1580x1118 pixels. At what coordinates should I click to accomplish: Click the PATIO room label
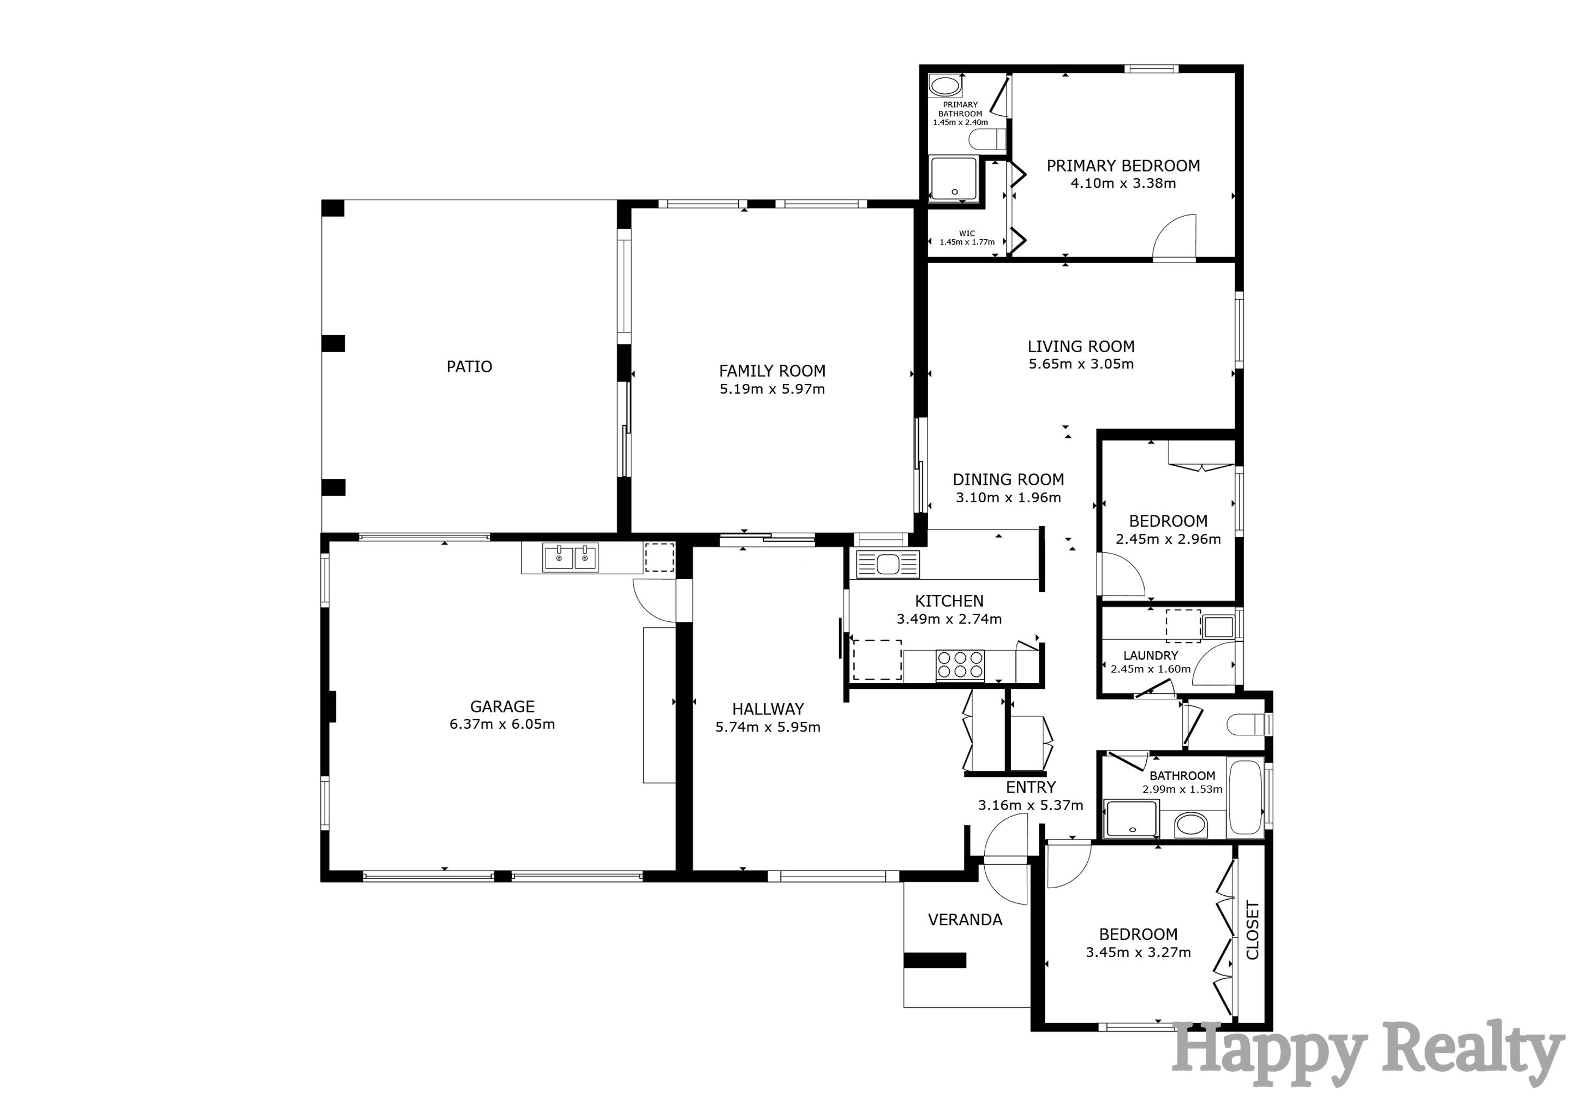[469, 367]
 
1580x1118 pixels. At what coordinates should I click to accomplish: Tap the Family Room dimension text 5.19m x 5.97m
[772, 389]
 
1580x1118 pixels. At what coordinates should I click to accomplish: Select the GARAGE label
[502, 706]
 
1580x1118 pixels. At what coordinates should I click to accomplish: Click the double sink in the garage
[571, 557]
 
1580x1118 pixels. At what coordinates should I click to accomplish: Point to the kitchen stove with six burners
[960, 665]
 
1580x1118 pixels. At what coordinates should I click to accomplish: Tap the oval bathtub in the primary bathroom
[945, 87]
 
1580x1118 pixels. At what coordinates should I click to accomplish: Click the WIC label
[967, 234]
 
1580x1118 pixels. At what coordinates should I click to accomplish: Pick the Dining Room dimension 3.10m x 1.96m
[1008, 498]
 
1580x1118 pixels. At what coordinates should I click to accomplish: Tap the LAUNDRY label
[1151, 656]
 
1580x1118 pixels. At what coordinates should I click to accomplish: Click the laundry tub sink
[1219, 627]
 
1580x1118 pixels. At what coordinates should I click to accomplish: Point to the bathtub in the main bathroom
[1246, 796]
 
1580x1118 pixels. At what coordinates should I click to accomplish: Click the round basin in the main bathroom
[1190, 825]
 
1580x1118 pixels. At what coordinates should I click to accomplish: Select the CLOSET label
[1253, 930]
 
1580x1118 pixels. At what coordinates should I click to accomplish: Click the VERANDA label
[965, 920]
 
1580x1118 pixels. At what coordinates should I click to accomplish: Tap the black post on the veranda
[935, 960]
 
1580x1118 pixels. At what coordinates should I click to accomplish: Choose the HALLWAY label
[768, 709]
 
